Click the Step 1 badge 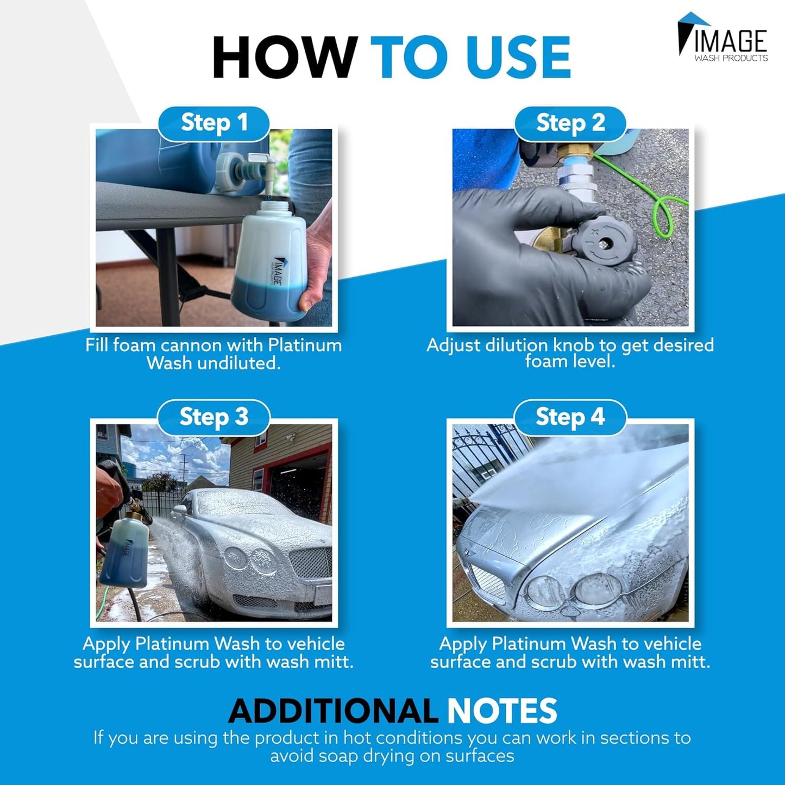click(x=213, y=123)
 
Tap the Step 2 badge click(x=570, y=123)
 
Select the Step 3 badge click(x=213, y=417)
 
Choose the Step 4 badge click(x=570, y=417)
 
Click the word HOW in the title click(x=284, y=58)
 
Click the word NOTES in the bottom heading click(x=502, y=711)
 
